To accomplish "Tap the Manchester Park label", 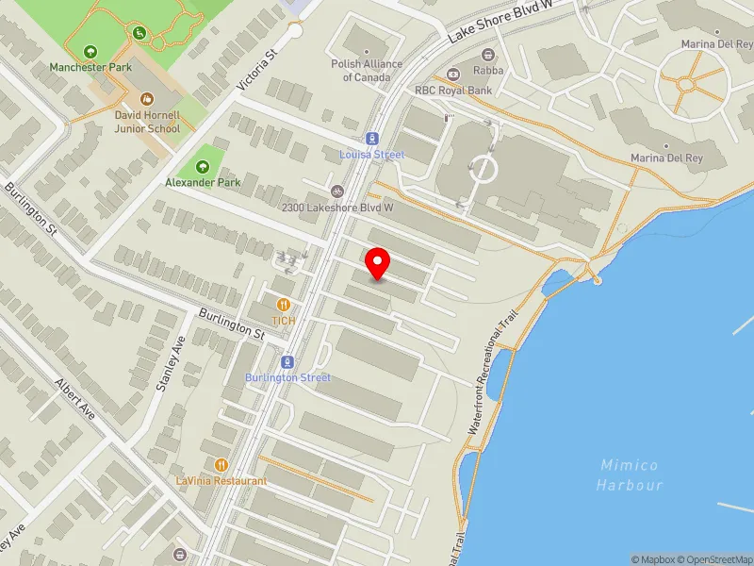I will tap(91, 68).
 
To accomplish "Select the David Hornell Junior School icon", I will tap(147, 98).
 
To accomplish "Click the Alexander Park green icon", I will tap(203, 165).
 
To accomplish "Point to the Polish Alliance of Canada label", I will tap(367, 71).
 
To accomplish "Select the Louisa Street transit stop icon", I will tap(372, 138).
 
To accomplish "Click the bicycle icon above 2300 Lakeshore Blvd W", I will tap(337, 190).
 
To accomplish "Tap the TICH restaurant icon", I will tap(284, 304).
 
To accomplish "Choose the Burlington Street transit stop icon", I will tap(288, 361).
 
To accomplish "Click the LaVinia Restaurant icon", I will tap(221, 464).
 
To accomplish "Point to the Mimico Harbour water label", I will tap(630, 474).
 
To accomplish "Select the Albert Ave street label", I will tap(75, 401).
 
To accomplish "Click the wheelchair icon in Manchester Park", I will tap(140, 34).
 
